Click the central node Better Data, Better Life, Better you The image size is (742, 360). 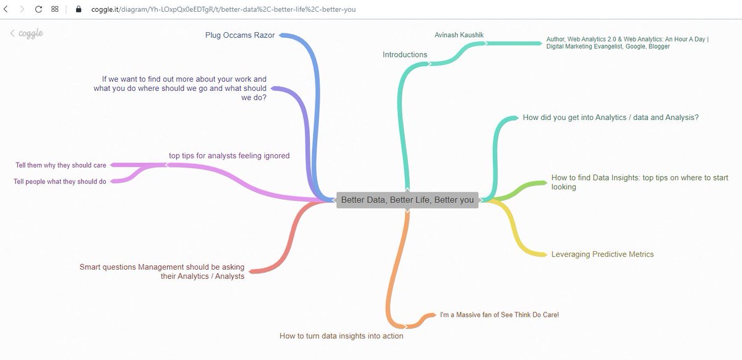coord(407,200)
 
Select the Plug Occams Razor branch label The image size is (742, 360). coord(240,35)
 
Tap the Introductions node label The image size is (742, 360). coord(405,54)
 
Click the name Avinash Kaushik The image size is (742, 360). coord(455,35)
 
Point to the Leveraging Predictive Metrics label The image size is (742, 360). coord(602,254)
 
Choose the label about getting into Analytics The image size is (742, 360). coord(610,117)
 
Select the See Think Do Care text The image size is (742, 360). coord(499,315)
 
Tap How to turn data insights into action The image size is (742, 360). coord(341,336)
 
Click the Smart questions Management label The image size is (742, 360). coord(162,272)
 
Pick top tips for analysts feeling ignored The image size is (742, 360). coord(229,156)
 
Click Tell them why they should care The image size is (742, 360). coord(61,165)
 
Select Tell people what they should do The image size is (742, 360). coord(60,182)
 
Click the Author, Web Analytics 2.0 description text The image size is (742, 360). coord(627,43)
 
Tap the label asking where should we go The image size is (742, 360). coord(180,88)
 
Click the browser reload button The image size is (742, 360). coord(38,9)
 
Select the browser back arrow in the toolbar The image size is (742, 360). coord(6,9)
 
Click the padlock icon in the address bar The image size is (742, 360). coord(79,9)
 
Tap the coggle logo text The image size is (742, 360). coord(30,33)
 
